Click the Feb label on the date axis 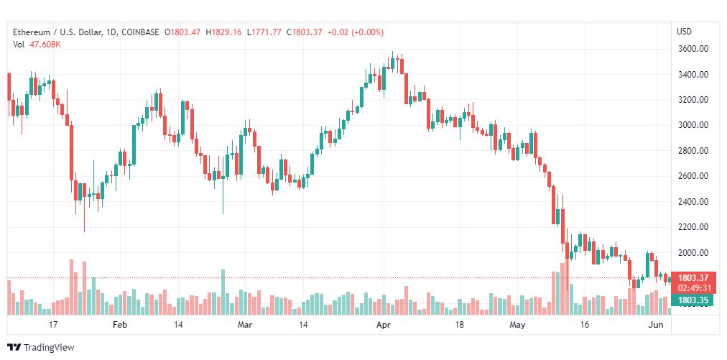click(120, 325)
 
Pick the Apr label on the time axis click(383, 325)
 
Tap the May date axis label click(517, 325)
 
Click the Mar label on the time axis click(246, 325)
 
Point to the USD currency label click(684, 32)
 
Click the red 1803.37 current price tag click(695, 278)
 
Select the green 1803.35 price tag click(695, 300)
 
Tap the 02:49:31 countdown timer click(695, 287)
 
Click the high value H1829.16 click(223, 32)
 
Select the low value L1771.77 click(264, 32)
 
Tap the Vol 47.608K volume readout click(37, 45)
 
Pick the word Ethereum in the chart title click(32, 32)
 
